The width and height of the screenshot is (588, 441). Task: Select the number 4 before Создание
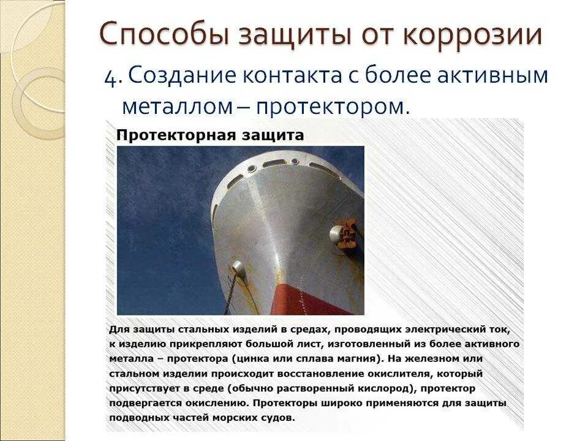[111, 77]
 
